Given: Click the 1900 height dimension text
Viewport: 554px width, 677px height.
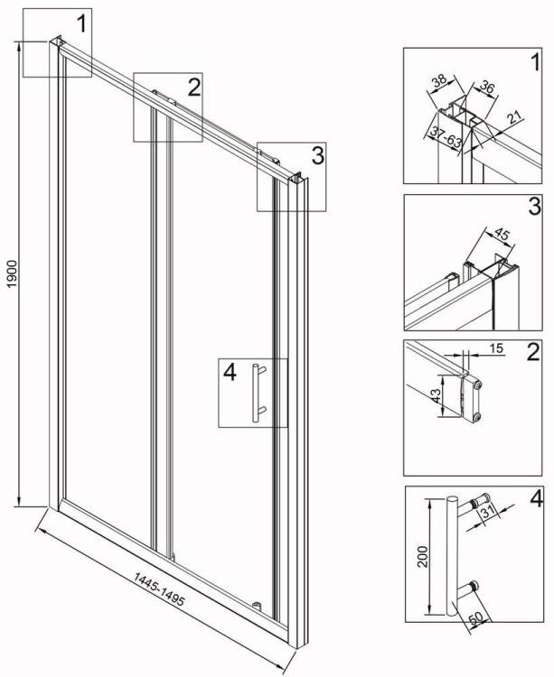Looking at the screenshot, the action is [12, 274].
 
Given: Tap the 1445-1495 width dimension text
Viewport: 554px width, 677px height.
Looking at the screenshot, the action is [159, 589].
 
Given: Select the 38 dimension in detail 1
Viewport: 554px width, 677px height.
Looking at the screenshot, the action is [439, 81].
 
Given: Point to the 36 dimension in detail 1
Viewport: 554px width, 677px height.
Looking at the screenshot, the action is [486, 88].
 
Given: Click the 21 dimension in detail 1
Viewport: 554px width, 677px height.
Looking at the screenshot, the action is [514, 116].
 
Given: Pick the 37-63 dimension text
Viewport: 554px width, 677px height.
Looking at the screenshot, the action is [446, 135].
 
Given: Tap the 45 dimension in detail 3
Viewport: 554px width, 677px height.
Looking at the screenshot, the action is [502, 235].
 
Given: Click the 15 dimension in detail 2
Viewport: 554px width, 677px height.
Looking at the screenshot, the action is [497, 348].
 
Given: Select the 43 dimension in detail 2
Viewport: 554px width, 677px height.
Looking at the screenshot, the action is [436, 395].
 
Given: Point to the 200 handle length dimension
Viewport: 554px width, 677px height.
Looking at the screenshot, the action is [423, 556].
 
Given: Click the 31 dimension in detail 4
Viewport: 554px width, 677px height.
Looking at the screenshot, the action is [488, 512].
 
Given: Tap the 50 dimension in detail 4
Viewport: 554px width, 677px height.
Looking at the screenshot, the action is [475, 618].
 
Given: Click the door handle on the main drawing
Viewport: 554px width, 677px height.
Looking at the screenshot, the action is [258, 392].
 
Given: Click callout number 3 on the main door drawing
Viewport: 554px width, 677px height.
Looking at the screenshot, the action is [317, 155].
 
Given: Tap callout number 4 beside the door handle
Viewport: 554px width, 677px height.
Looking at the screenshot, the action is [230, 372].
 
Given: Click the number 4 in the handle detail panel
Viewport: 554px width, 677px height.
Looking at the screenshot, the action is [536, 499].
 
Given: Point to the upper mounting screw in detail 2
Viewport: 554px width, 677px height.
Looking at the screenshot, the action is [477, 385].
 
